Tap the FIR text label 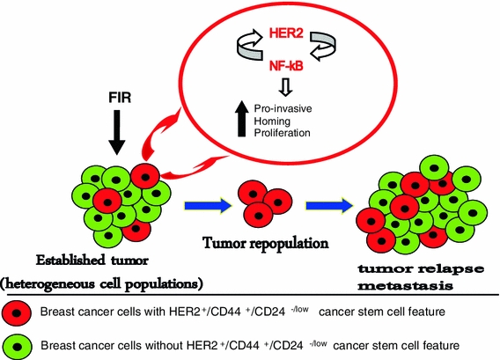117,90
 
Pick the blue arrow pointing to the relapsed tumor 327,207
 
